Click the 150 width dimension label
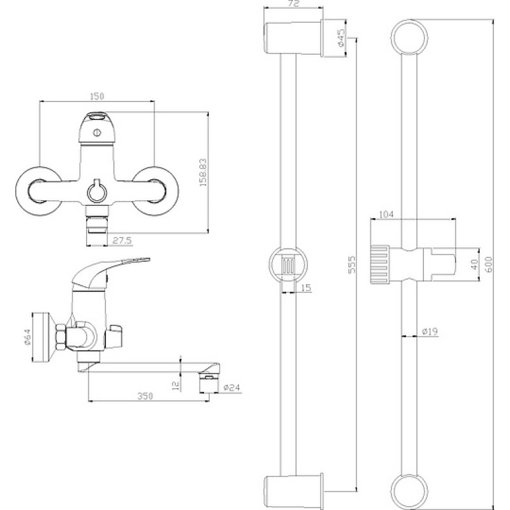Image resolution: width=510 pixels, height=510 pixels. point(97,96)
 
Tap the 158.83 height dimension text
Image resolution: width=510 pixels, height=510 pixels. point(203,172)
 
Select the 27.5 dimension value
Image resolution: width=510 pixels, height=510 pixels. point(122,241)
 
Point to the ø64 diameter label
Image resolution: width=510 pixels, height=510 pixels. point(28,336)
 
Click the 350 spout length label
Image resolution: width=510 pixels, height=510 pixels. point(145,396)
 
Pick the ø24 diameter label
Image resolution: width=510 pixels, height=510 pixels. point(232,388)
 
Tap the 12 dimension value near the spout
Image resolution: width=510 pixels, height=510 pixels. point(176,386)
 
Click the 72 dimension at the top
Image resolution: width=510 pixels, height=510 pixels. point(293,4)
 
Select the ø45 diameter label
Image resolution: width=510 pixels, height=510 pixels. point(341,38)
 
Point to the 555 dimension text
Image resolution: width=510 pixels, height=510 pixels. point(352,265)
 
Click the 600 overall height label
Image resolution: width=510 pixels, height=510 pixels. point(489,265)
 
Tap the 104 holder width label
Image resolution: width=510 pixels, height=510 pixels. point(386,215)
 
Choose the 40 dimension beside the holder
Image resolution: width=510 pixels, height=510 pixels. point(474,264)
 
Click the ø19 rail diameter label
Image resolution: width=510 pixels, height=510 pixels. point(430,331)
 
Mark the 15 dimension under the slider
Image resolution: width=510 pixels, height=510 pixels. point(306,288)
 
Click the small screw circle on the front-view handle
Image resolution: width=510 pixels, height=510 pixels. point(96,133)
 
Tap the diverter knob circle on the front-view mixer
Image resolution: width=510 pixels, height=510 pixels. point(96,192)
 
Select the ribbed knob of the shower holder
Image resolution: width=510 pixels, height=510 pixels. point(380,264)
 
